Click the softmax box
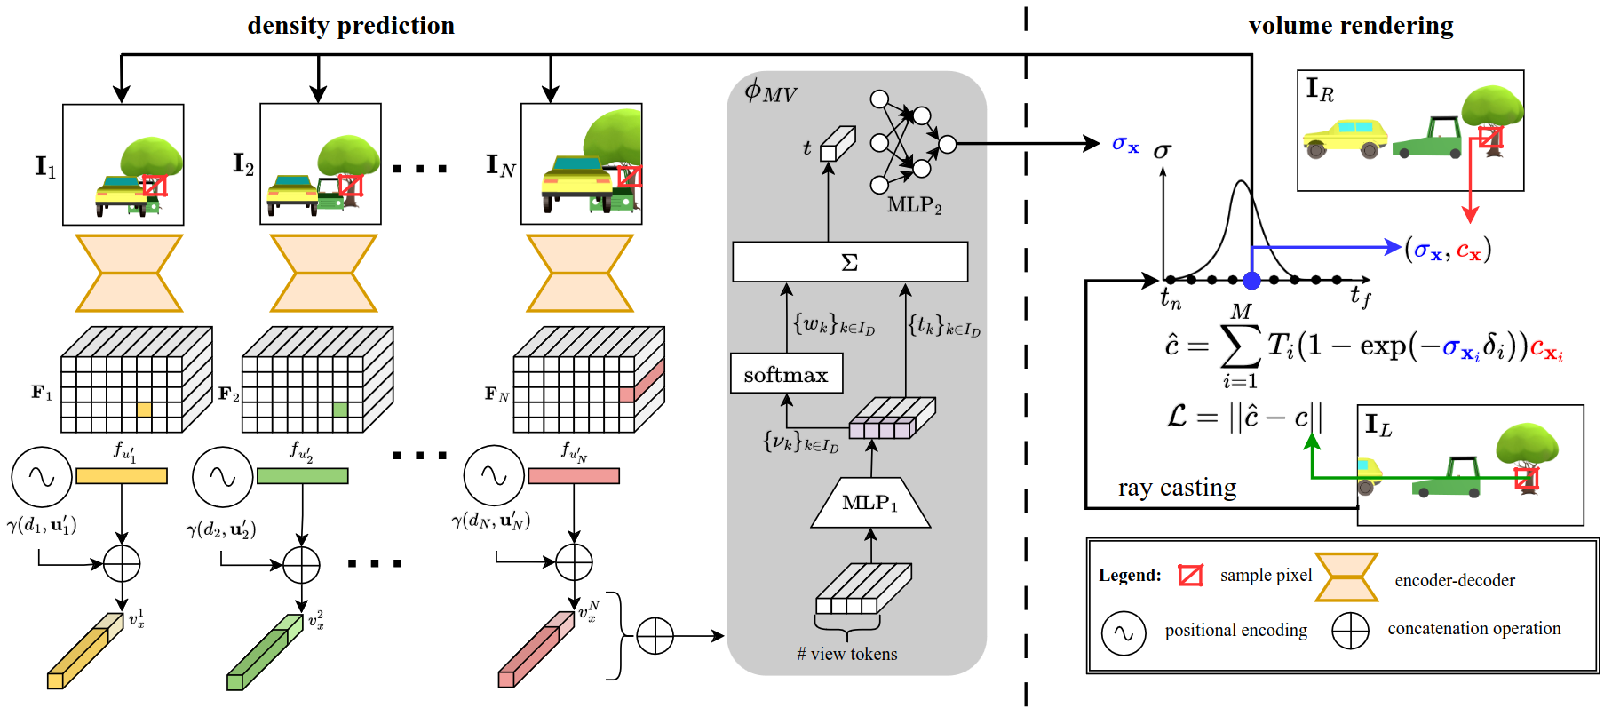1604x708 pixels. (786, 374)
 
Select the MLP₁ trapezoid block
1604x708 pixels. (870, 503)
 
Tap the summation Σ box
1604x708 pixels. (850, 262)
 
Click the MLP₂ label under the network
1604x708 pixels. (914, 205)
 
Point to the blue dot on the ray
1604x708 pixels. (1251, 281)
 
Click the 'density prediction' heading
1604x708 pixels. (351, 26)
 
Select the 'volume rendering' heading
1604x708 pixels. (1350, 26)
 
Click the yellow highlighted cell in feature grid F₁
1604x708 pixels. (144, 410)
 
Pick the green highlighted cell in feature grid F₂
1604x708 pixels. (340, 410)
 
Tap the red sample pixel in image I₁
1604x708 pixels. (155, 186)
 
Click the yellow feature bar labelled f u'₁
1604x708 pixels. (122, 476)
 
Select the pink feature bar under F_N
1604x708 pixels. (574, 476)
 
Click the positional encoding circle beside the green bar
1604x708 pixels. (222, 477)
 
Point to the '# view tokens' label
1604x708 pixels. (847, 655)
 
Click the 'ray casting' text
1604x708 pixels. (1177, 488)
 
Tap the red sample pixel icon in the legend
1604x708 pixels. (1190, 576)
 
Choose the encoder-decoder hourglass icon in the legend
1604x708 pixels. (1346, 577)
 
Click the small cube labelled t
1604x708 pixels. (836, 144)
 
